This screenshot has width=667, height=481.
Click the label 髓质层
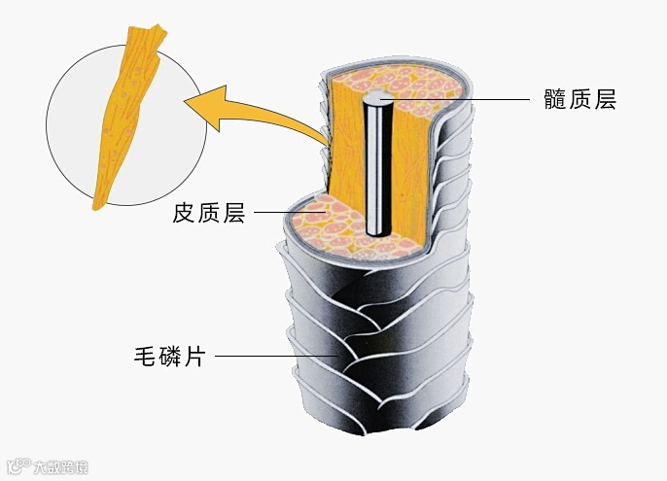coord(579,99)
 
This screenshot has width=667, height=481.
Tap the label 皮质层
coord(209,213)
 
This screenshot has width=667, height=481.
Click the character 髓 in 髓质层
coord(555,99)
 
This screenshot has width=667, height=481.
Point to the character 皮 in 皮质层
coord(185,213)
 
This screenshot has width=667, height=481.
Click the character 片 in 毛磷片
coord(193,356)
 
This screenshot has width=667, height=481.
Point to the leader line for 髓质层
coord(457,99)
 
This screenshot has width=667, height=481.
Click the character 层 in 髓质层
coord(604,99)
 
